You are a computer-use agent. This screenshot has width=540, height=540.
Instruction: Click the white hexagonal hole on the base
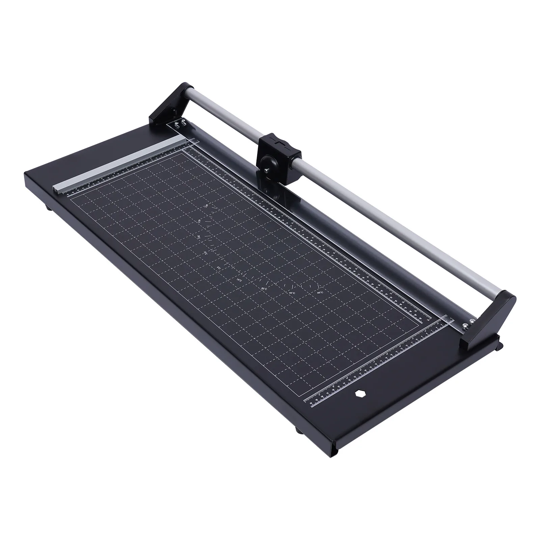(x=358, y=393)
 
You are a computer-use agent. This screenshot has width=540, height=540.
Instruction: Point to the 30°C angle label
(x=264, y=289)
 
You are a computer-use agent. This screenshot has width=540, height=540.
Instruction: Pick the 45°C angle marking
(x=292, y=293)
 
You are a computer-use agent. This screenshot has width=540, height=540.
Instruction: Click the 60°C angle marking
(x=320, y=293)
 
